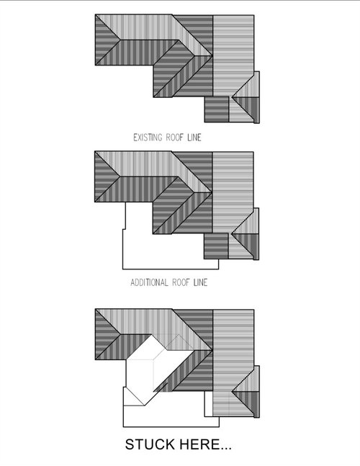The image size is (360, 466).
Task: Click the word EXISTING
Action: (148, 138)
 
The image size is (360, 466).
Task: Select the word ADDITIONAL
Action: (149, 282)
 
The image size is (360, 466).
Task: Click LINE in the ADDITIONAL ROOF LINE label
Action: (200, 282)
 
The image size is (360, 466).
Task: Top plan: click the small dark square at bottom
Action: (217, 109)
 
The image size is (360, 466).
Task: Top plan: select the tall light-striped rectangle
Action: (233, 55)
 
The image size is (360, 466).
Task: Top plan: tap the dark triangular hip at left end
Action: (104, 40)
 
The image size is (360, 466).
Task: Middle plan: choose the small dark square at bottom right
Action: (216, 246)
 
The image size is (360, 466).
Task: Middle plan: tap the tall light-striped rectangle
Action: (233, 192)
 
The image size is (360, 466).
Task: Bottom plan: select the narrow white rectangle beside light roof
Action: (209, 403)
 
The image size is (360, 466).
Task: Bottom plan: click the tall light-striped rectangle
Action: (233, 362)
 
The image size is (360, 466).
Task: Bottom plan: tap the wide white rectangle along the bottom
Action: (171, 417)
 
